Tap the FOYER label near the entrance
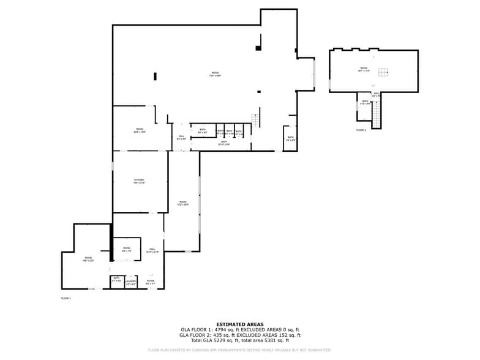[150, 282]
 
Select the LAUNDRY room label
[131, 282]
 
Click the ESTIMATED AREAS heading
[240, 324]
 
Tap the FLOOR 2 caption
[361, 130]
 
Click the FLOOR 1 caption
[66, 298]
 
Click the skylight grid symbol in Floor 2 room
[383, 73]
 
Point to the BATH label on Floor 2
[365, 102]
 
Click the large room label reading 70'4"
[215, 74]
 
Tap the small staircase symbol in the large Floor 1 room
[256, 119]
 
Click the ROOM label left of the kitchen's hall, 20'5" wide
[140, 130]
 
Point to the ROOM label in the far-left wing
[88, 259]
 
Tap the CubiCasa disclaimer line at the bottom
[240, 350]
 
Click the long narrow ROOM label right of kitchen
[182, 203]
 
